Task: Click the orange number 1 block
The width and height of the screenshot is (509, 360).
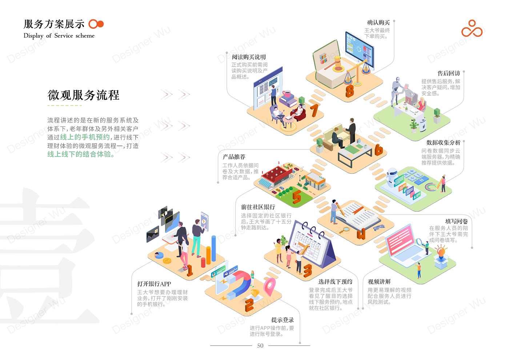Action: pyautogui.click(x=189, y=271)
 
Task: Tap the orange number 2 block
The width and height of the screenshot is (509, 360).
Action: pyautogui.click(x=249, y=305)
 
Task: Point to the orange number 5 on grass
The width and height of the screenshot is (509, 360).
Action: pyautogui.click(x=297, y=197)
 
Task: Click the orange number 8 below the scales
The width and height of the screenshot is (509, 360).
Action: pyautogui.click(x=349, y=90)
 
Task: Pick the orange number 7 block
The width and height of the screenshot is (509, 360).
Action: pyautogui.click(x=314, y=110)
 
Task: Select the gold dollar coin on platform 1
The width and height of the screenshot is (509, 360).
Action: pyautogui.click(x=167, y=260)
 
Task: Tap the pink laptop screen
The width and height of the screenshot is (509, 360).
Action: pyautogui.click(x=400, y=240)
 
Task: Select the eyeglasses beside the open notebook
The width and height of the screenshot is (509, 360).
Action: pyautogui.click(x=378, y=228)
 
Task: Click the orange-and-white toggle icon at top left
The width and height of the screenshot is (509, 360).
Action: pyautogui.click(x=96, y=24)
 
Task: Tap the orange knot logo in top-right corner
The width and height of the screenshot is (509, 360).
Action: pyautogui.click(x=472, y=29)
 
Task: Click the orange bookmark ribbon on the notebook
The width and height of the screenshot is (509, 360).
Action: pyautogui.click(x=358, y=210)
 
